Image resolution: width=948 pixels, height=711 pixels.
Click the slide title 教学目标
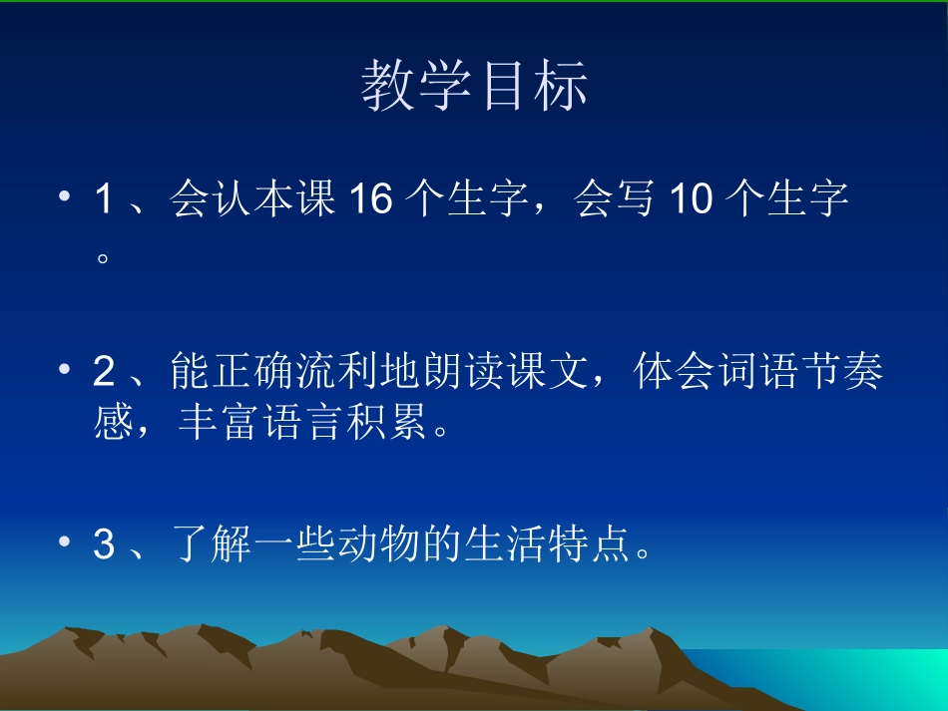coord(474,86)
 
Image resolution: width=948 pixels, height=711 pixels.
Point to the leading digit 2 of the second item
coord(104,373)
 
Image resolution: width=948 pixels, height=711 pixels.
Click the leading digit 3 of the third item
coord(104,545)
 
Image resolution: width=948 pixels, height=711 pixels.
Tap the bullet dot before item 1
coord(66,197)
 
